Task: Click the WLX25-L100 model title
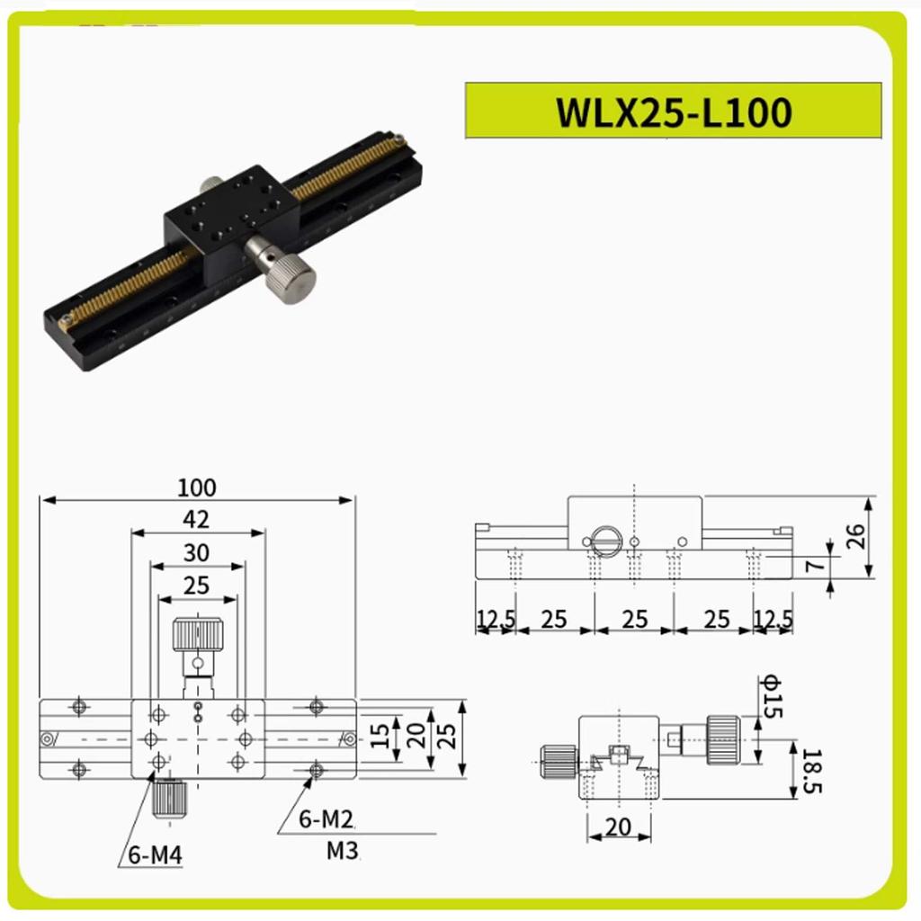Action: (x=674, y=112)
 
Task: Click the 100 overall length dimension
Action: (x=197, y=487)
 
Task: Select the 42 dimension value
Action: (x=196, y=519)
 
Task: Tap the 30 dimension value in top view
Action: (x=196, y=552)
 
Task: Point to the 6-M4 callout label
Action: (x=155, y=855)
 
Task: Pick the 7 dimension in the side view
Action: (x=814, y=567)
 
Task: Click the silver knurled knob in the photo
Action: (x=291, y=278)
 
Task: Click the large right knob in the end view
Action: (x=723, y=739)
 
